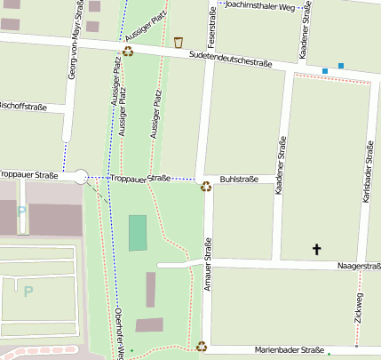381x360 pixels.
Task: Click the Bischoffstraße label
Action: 23,106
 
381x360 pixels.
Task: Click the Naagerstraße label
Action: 358,266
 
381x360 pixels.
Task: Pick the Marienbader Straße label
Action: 289,350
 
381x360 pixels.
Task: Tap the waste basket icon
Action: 179,42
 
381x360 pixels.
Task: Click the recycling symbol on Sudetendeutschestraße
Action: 128,51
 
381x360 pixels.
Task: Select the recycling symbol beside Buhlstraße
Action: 206,187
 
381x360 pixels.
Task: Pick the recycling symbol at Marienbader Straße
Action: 202,347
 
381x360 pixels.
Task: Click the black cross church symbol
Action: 316,250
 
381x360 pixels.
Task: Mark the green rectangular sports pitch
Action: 138,233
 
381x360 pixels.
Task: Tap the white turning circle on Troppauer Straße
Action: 81,177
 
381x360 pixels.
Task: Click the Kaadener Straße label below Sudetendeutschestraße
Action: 280,166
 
